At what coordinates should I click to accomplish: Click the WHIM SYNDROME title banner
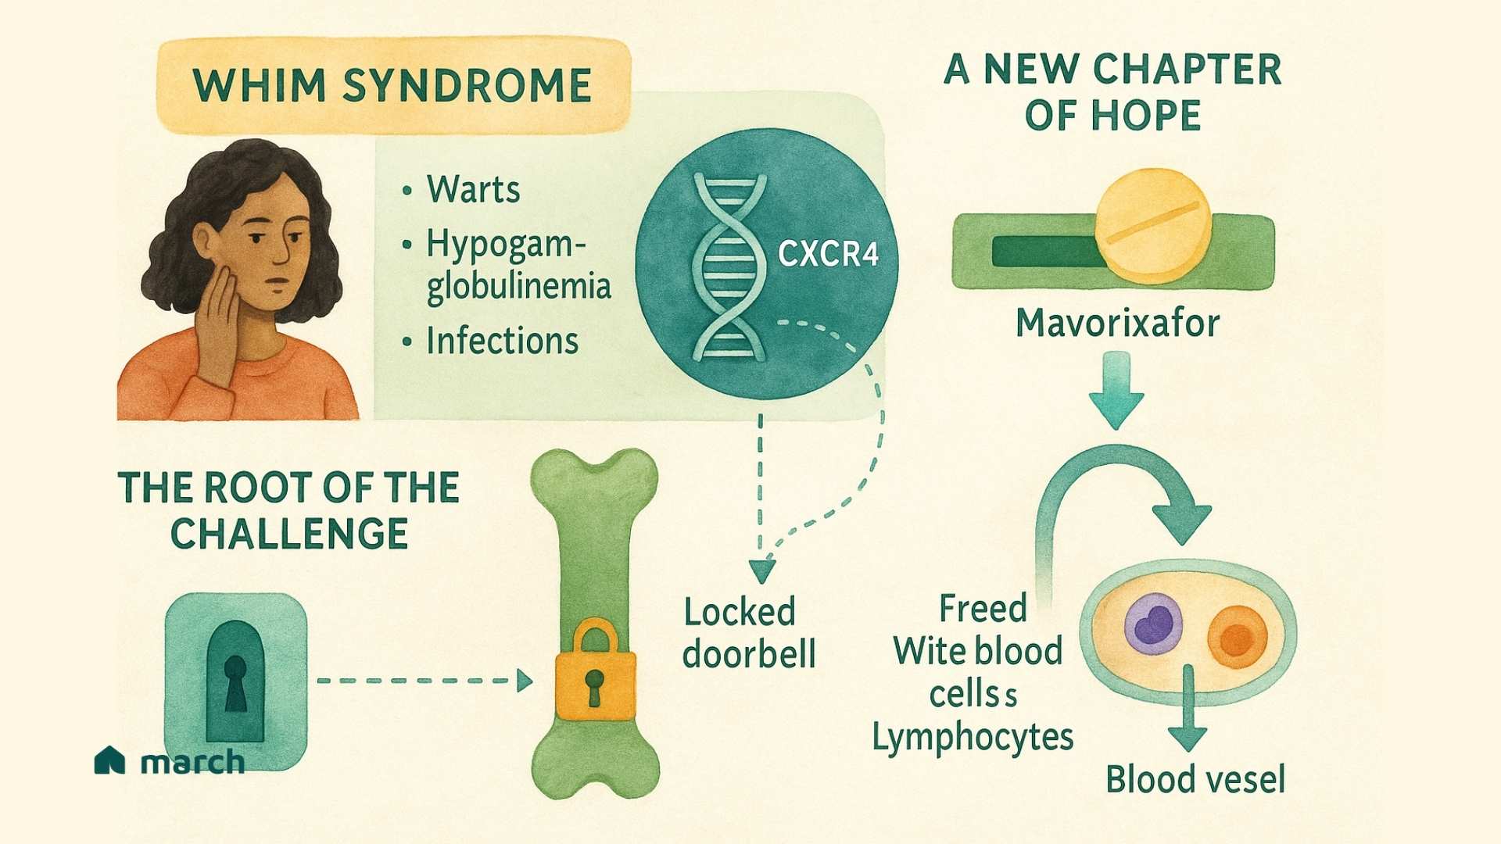pos(393,85)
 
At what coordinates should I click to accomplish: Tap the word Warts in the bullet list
pos(473,190)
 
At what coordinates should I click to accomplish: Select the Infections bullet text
pos(502,342)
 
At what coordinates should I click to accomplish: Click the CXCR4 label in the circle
pos(828,254)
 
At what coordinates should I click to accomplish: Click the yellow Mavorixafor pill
pos(1152,225)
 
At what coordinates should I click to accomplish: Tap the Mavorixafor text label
pos(1117,323)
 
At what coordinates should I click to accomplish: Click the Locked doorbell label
pos(748,633)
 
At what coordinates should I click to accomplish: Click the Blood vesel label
pos(1195,779)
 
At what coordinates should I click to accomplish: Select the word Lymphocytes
pos(973,737)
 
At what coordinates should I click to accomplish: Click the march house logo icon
pos(109,760)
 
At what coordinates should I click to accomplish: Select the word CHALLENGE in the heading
pos(289,535)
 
